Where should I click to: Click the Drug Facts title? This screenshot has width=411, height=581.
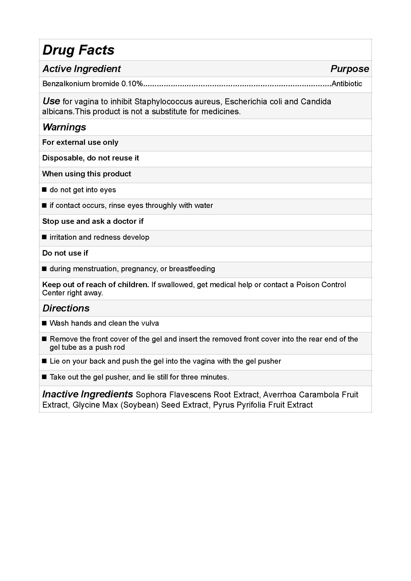click(79, 50)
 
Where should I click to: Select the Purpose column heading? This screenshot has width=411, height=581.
click(350, 69)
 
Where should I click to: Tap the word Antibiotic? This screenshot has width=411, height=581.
click(347, 84)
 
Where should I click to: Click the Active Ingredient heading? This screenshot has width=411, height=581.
click(82, 69)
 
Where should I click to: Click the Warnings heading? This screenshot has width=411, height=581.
click(64, 127)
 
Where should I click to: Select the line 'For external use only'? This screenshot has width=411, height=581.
click(80, 142)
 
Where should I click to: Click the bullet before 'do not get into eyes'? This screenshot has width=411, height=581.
click(44, 190)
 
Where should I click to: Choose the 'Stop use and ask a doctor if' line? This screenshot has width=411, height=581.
click(93, 221)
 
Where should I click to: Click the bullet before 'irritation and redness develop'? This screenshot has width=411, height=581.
click(44, 237)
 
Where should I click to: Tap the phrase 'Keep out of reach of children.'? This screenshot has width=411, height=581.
click(95, 285)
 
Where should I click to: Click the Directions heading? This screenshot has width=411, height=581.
click(66, 308)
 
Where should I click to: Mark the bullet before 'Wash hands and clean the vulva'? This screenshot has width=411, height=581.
click(44, 323)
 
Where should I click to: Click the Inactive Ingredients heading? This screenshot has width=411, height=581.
click(87, 394)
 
